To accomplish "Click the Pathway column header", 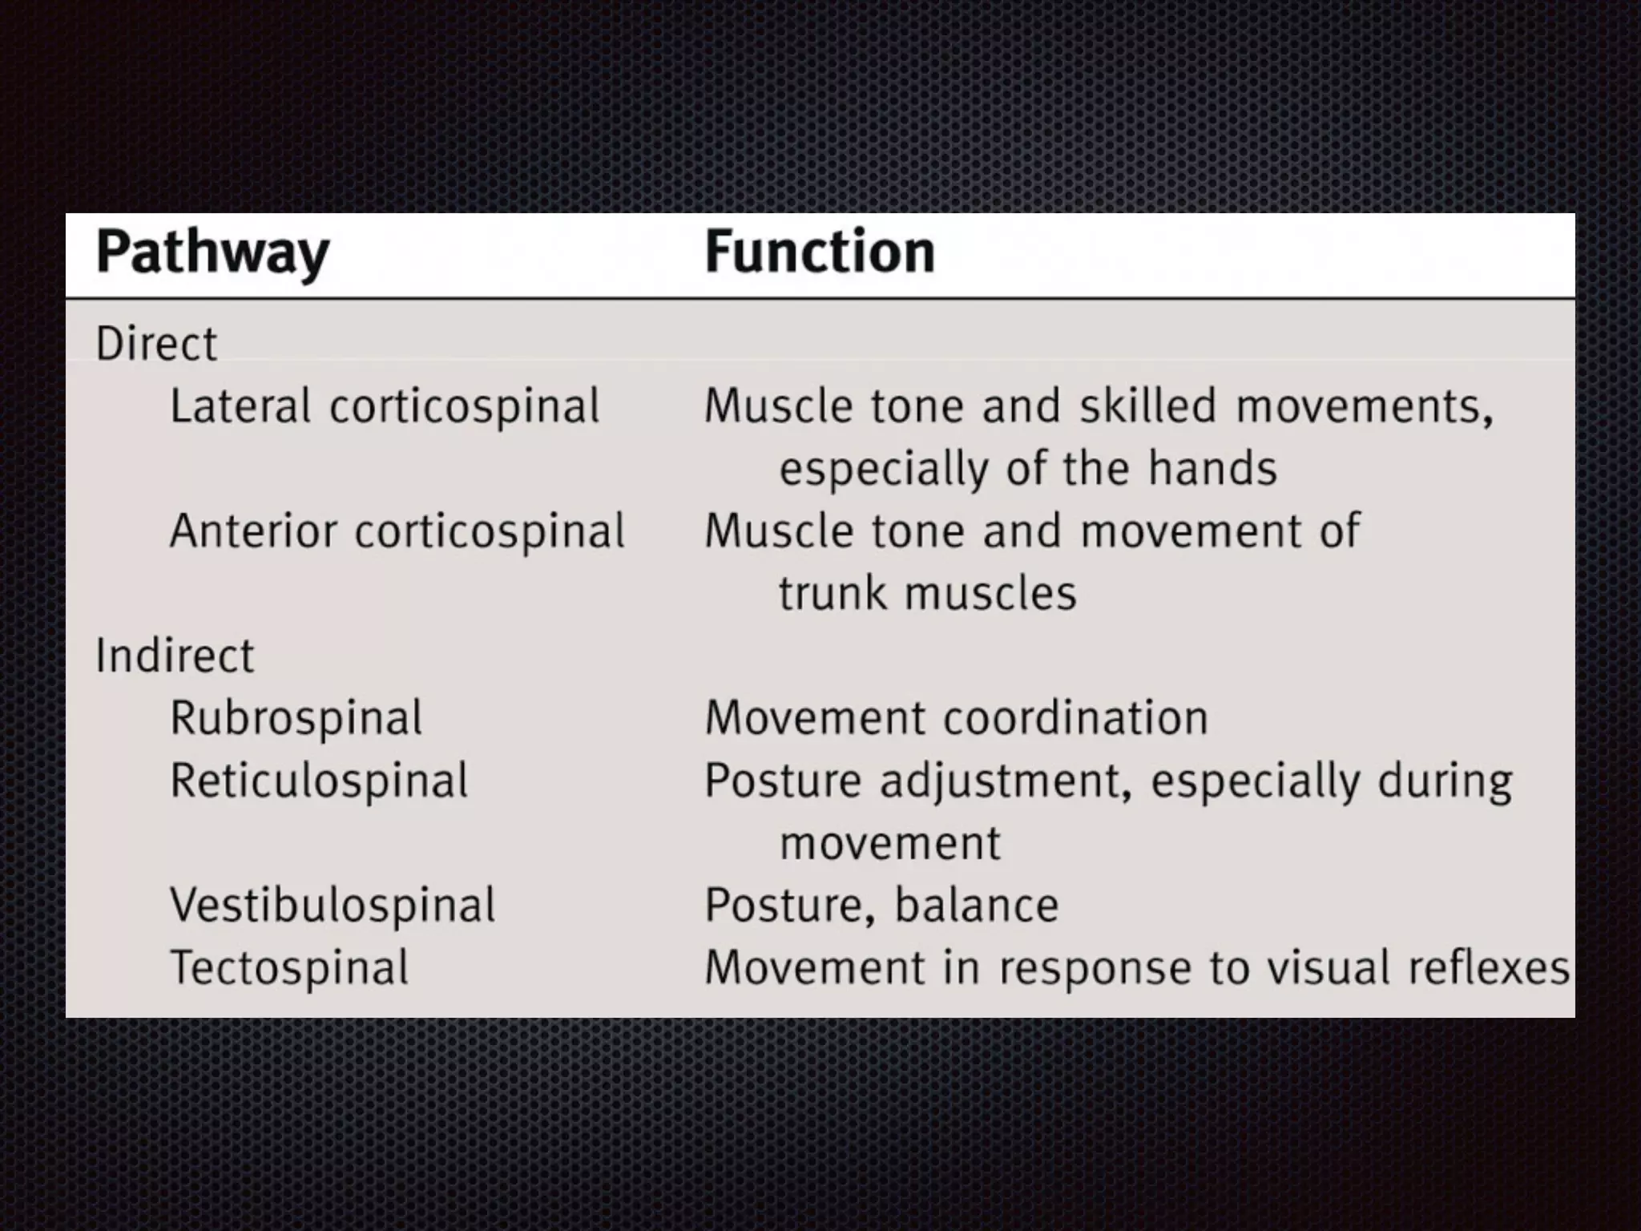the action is pos(212,253).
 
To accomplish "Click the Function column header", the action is pos(820,252).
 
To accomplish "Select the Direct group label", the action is pos(156,344).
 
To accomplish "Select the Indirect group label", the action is pos(175,656).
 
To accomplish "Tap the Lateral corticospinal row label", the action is pos(385,406).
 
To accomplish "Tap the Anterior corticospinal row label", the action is pos(397,531).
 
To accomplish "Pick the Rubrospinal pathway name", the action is pos(296,718).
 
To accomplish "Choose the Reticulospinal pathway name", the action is pos(319,781).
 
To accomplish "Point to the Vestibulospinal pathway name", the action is pos(333,906).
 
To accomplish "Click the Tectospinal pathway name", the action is pos(289,967).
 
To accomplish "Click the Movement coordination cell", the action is pos(956,718).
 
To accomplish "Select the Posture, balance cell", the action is pos(881,906).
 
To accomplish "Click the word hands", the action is pos(1212,468).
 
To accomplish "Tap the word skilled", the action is pos(1148,406).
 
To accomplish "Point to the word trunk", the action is pos(833,594).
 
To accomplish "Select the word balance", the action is pos(977,906).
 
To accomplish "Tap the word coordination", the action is pos(1075,718).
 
